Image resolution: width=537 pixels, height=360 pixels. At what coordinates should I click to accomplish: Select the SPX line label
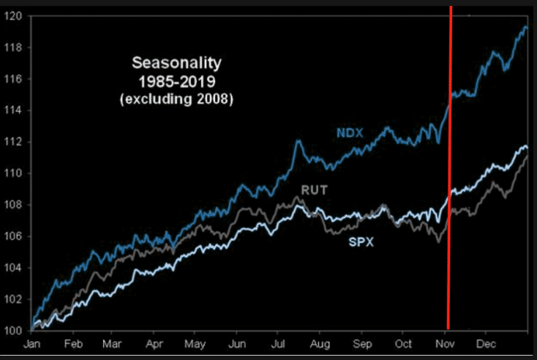point(361,241)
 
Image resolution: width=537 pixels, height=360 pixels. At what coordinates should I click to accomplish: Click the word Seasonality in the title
point(176,64)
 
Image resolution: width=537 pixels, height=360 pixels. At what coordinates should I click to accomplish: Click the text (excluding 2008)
point(176,98)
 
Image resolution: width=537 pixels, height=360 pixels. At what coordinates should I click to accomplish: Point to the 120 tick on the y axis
point(15,16)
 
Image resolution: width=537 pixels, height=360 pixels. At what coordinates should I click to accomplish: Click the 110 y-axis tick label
point(15,173)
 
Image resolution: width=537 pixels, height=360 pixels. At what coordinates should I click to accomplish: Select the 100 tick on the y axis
point(15,331)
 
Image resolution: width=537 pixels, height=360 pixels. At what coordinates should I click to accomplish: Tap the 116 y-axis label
point(15,79)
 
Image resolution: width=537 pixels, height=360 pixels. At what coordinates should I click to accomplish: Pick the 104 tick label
point(15,268)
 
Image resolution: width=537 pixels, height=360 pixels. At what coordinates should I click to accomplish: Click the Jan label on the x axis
point(32,343)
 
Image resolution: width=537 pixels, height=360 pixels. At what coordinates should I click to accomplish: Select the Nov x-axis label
point(444,343)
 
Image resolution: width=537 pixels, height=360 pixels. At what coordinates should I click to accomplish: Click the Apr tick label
point(154,343)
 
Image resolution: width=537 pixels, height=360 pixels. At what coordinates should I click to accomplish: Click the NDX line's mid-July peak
point(298,140)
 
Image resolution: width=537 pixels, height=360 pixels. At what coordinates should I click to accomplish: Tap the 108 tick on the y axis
point(15,205)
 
